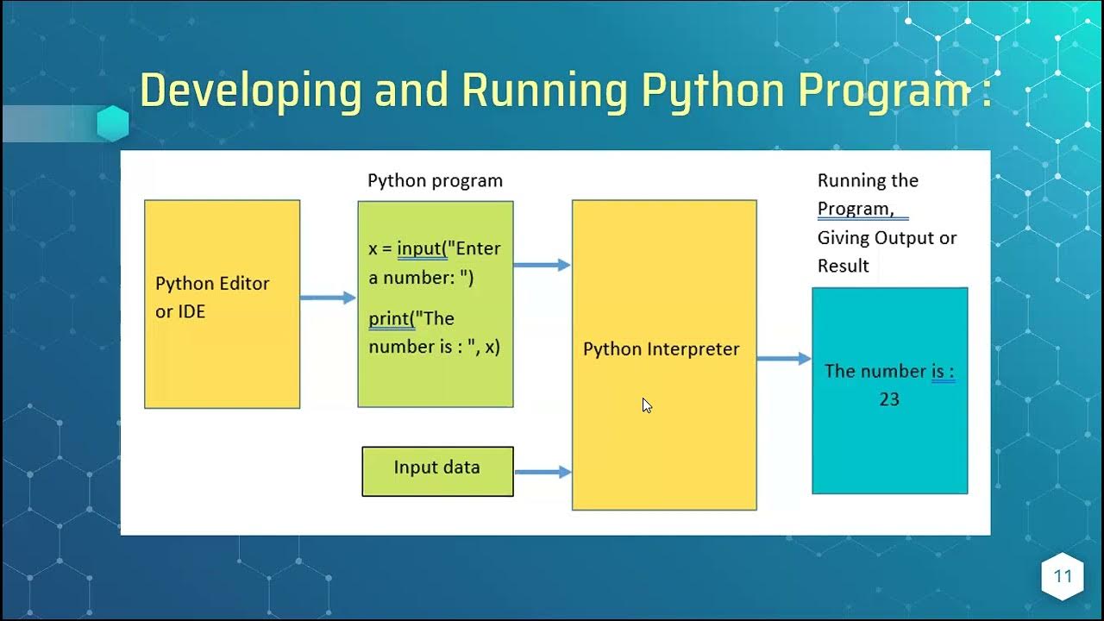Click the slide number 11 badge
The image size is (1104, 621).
coord(1062,576)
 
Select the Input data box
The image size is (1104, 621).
coord(437,471)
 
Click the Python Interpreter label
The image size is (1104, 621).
coord(662,349)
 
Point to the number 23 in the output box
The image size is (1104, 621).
coord(889,399)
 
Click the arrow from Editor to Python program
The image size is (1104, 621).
coord(328,298)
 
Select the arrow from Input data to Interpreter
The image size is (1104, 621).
coord(543,472)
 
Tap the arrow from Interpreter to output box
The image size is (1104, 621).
coord(784,358)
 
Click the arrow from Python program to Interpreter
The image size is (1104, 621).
coord(542,265)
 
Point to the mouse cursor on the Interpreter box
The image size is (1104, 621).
coord(647,405)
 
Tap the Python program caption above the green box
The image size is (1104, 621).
coord(435,181)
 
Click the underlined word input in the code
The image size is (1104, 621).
coord(420,249)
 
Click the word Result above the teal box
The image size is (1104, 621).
coord(843,266)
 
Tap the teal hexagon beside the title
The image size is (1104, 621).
coord(112,123)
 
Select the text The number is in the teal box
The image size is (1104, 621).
coord(889,371)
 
